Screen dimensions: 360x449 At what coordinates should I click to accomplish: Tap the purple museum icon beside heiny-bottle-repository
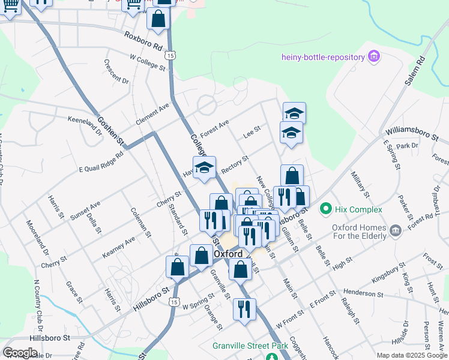pos(375,58)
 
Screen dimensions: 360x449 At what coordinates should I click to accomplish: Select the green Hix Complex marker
pos(326,209)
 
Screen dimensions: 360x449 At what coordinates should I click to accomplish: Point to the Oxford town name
pos(228,254)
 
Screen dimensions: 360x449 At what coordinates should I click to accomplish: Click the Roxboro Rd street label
pos(143,40)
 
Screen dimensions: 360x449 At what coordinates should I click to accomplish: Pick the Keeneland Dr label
pos(85,124)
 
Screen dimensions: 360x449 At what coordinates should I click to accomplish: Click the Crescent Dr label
pos(116,71)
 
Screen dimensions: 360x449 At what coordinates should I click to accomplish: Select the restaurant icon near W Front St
pos(245,310)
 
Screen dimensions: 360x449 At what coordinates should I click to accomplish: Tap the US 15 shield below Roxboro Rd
pos(172,55)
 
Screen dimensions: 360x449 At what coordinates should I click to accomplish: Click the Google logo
pos(20,353)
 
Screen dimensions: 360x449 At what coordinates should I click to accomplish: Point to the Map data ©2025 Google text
pos(412,355)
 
